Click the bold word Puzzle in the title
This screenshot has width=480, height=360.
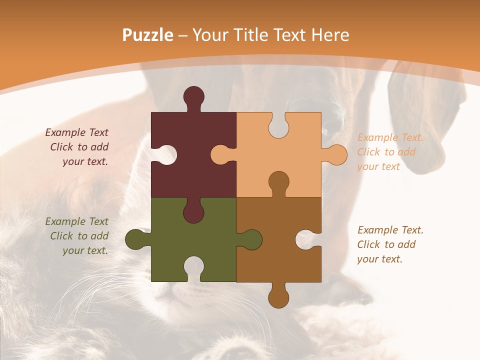point(148,35)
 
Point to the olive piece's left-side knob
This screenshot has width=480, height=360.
point(135,239)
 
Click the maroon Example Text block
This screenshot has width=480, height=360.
point(77,147)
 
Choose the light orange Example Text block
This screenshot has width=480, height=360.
point(390,152)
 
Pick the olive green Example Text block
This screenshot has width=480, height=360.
point(77,236)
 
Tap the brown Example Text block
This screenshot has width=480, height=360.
point(390,244)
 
